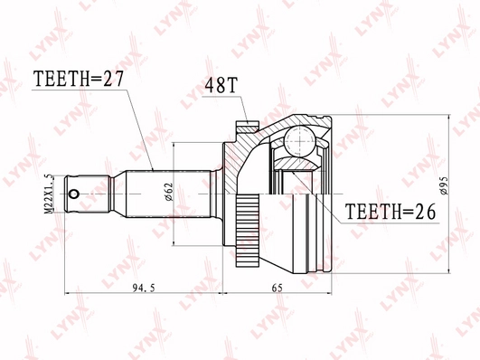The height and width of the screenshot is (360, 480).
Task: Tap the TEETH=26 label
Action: point(390,212)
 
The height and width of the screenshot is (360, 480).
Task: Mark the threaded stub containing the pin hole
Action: point(90,192)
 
